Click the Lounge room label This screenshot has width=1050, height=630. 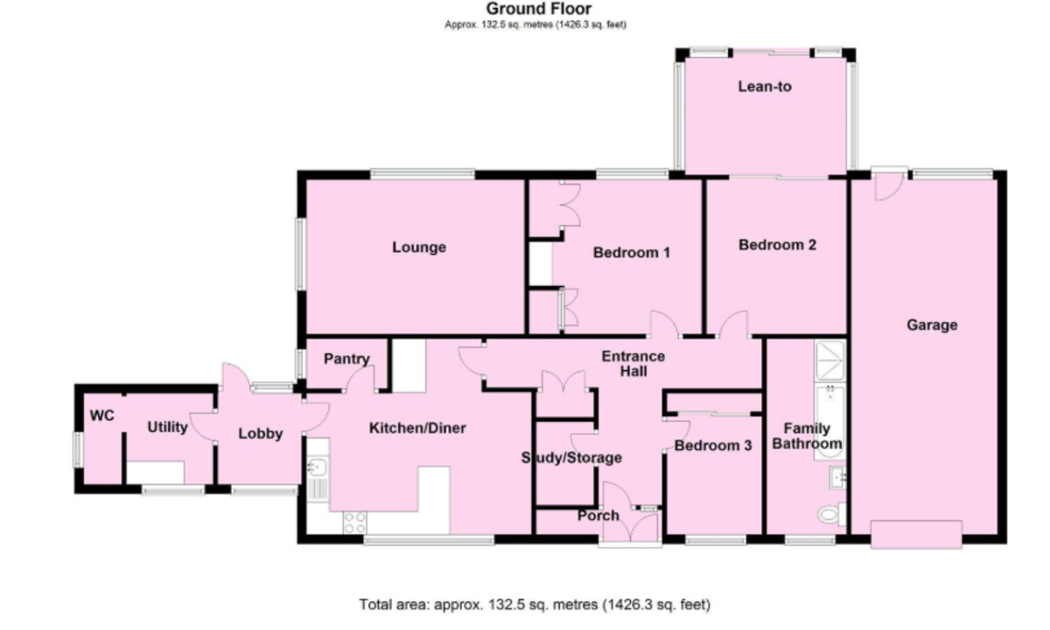point(418,248)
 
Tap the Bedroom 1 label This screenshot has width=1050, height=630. point(631,253)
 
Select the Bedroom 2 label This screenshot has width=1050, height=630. point(777,246)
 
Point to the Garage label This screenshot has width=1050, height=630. point(931,325)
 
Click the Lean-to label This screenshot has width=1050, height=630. point(765,87)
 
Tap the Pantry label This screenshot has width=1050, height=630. point(346,359)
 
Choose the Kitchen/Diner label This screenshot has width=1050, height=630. point(417,429)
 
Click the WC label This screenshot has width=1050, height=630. point(102,416)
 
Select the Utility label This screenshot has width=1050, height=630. point(167,427)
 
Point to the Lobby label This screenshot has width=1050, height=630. point(261,433)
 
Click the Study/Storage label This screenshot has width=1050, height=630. point(571,458)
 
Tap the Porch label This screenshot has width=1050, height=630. point(598,515)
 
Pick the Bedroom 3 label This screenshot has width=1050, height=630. point(712,445)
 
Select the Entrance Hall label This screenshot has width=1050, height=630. point(633,364)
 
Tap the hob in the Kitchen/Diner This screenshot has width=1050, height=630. point(354,522)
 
